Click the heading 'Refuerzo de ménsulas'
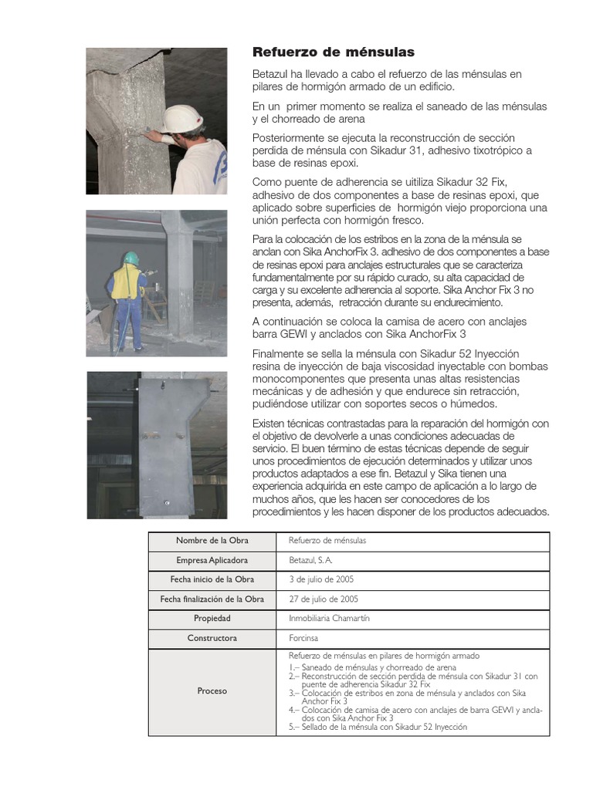tap(334, 52)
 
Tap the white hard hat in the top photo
tap(182, 118)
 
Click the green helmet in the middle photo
tap(131, 258)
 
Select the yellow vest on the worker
tap(126, 283)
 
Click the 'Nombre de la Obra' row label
tap(212, 541)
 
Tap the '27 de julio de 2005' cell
tap(324, 599)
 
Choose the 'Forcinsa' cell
tap(303, 638)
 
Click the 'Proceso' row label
tap(212, 691)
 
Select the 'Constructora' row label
tap(212, 638)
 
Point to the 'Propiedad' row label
tap(212, 619)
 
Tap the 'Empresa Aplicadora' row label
tap(212, 560)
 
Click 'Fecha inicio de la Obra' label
tap(212, 579)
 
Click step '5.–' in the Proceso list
tap(294, 727)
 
